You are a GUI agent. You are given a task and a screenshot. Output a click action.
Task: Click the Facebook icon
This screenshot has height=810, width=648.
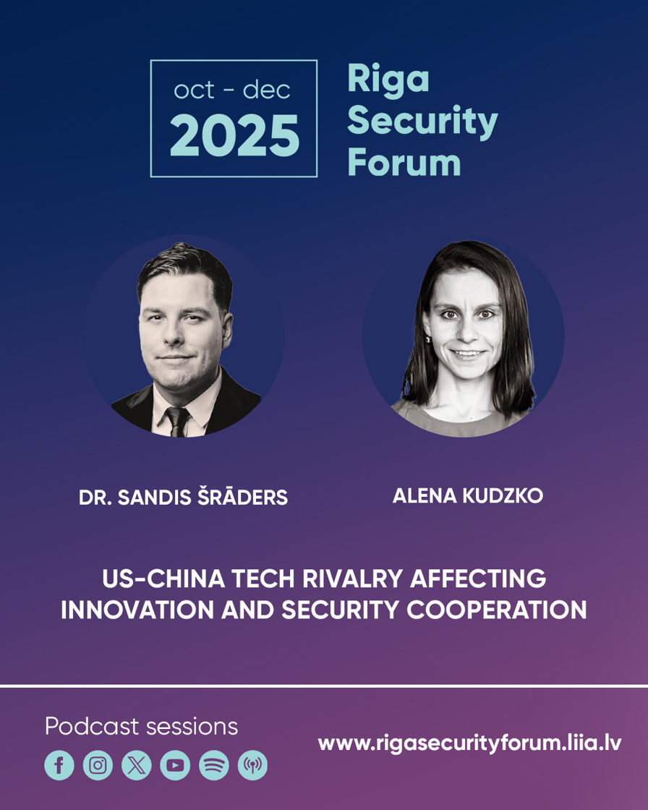click(x=59, y=765)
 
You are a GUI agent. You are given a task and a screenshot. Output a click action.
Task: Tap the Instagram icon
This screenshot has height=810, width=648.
click(x=98, y=765)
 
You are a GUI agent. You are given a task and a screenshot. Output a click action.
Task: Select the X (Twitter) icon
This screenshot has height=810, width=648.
click(x=137, y=765)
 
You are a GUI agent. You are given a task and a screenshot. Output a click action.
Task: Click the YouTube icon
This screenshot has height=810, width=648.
click(x=175, y=765)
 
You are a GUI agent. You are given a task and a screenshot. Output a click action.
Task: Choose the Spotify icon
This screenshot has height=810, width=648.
click(x=214, y=765)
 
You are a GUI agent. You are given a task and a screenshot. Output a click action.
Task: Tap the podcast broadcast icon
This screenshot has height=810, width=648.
click(x=252, y=765)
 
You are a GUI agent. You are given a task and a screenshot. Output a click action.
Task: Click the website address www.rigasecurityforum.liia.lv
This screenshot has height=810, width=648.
click(x=469, y=743)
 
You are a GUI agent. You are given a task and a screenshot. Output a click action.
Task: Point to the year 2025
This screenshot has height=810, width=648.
click(x=234, y=135)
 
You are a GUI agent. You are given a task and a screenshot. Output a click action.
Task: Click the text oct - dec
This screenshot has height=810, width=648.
click(x=232, y=90)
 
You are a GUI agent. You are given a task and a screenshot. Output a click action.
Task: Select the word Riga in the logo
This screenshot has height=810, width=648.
click(x=388, y=80)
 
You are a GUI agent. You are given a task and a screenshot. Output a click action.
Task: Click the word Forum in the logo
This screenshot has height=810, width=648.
click(x=404, y=162)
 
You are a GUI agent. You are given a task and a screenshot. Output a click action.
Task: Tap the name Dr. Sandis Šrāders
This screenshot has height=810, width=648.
click(x=183, y=497)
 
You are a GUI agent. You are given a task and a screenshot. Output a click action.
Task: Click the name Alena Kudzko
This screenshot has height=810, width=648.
click(x=468, y=496)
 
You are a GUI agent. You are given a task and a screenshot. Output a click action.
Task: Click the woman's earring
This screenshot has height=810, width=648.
click(x=428, y=339)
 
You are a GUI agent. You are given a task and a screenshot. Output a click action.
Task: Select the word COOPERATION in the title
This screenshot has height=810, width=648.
click(x=497, y=610)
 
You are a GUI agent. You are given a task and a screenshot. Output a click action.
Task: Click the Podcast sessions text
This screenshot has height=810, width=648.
click(x=141, y=726)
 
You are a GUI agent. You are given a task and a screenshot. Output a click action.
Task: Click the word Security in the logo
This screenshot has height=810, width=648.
click(x=422, y=122)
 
